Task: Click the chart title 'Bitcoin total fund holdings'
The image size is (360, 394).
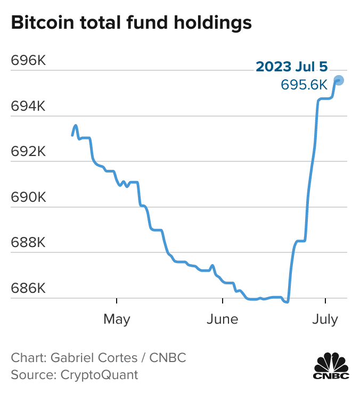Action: pos(131,23)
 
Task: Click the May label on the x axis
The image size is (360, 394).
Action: pos(117,319)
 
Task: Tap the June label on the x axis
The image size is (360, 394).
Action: pos(222,319)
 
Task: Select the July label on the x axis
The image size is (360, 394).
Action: pos(325,319)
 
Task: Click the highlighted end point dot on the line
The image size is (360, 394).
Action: pos(339,80)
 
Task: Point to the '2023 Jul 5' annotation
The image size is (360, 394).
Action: pos(292,67)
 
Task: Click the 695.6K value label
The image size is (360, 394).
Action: pos(304,85)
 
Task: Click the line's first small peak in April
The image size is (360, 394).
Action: pos(76,126)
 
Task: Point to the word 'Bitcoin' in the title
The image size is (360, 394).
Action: pos(40,23)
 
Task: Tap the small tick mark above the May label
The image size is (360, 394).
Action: pos(117,301)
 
